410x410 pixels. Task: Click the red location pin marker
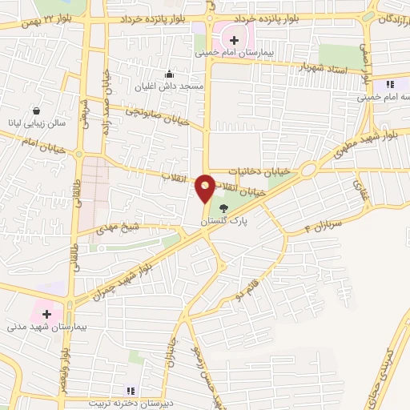pos(205,187)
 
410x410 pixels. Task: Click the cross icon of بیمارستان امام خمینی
pos(234,38)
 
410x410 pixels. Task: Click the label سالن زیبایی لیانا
pos(38,124)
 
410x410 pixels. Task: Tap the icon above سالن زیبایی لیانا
pos(37,111)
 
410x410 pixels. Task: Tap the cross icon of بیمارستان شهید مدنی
pos(47,314)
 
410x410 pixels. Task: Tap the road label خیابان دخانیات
pos(256,171)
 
